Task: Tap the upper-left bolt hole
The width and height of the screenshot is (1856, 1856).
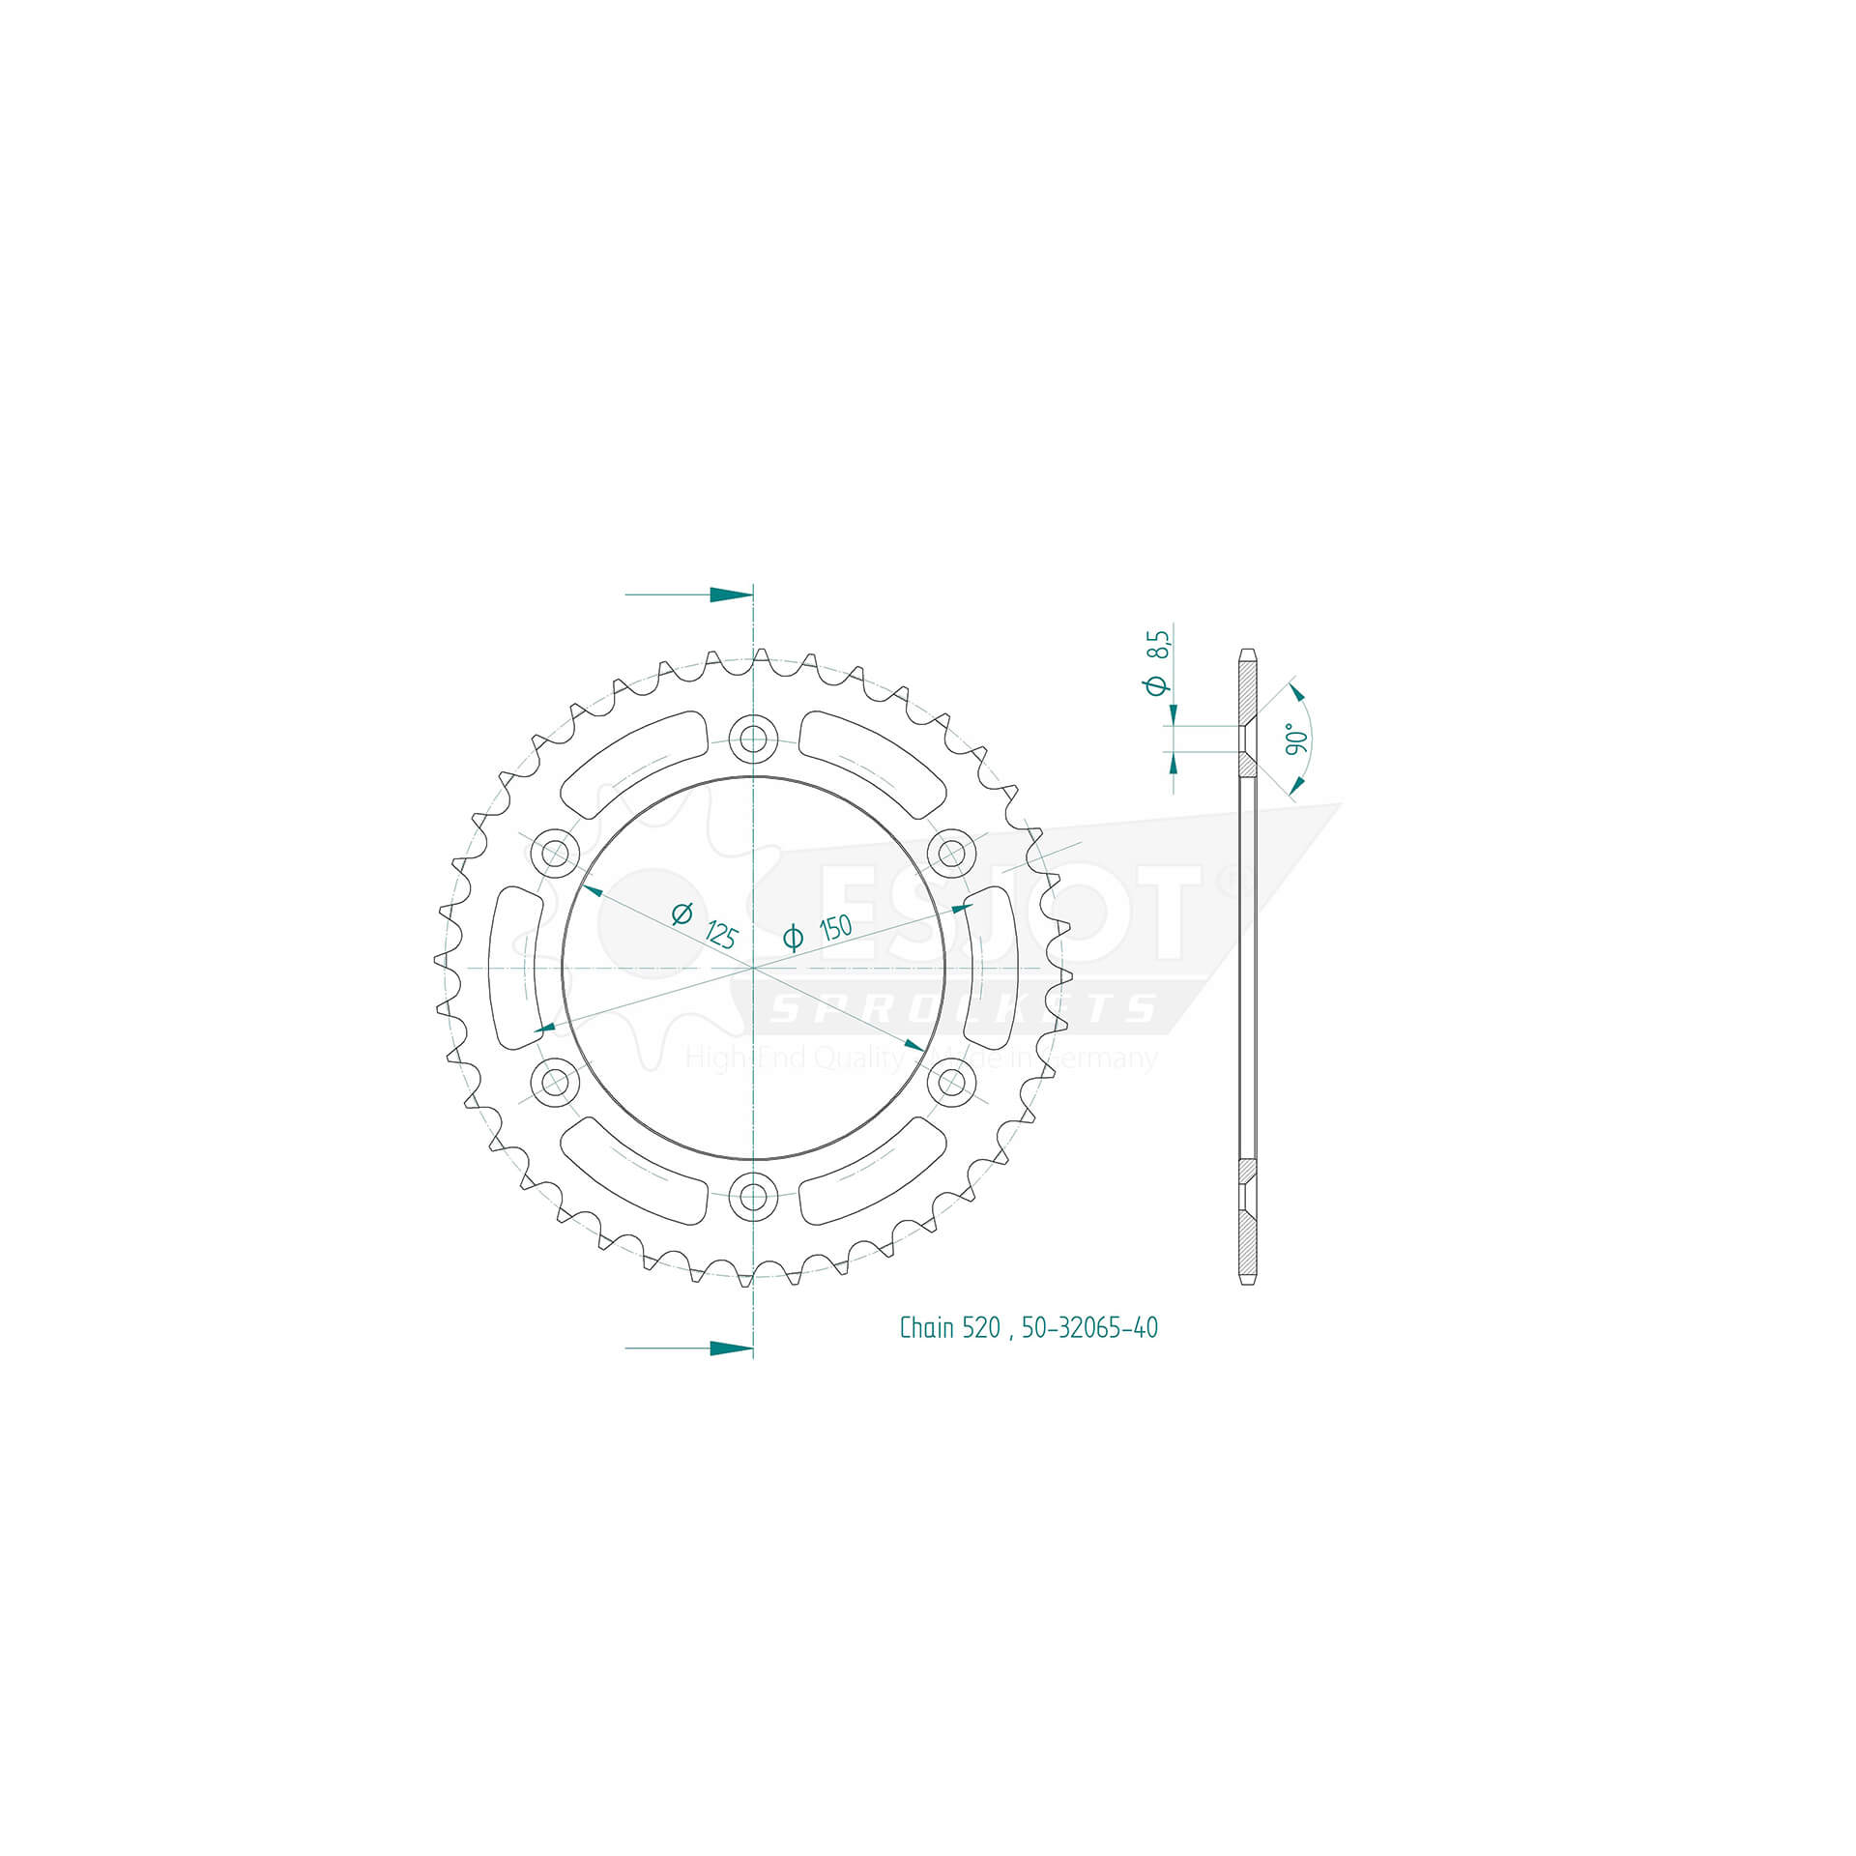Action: point(555,854)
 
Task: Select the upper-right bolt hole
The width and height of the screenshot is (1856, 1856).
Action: point(951,854)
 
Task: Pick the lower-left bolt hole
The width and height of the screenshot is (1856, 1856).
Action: point(555,1082)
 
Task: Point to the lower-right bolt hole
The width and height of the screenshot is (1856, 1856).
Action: point(951,1082)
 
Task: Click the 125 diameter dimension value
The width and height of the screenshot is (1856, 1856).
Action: point(721,935)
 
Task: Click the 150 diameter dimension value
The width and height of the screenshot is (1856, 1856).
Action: point(835,928)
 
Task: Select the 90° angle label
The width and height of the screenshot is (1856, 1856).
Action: point(1297,739)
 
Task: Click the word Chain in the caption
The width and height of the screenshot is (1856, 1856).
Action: point(926,1328)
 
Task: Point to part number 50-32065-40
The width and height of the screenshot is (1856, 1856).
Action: point(1089,1328)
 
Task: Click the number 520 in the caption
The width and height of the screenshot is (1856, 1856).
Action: point(981,1328)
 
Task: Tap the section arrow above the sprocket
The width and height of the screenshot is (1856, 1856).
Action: point(730,594)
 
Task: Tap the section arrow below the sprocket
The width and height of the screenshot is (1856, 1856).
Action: point(730,1348)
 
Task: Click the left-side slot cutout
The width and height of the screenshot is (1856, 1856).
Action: point(515,968)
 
